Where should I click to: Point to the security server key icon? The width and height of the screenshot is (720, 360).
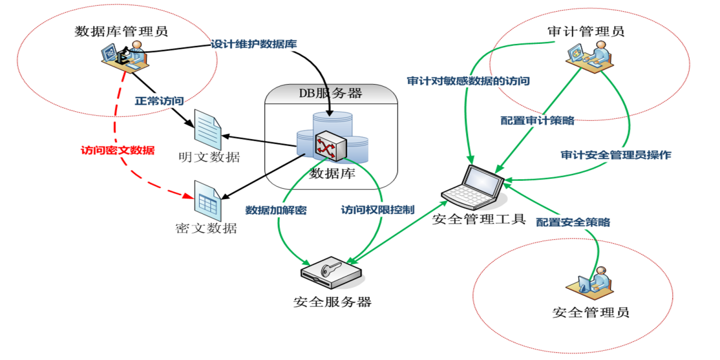coord(331,271)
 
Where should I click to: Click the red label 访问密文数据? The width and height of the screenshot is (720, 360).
coord(117,150)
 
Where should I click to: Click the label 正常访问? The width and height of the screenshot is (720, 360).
coord(159,101)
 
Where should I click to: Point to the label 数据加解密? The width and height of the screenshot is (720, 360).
coord(275,210)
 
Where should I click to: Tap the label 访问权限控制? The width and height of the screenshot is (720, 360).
coord(377,210)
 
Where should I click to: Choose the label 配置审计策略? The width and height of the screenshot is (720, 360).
coord(537,120)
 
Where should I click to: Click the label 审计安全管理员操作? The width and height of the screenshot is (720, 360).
coord(616,155)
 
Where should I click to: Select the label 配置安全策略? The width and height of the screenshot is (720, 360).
coord(573,222)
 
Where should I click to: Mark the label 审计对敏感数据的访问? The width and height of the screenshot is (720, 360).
coord(468,81)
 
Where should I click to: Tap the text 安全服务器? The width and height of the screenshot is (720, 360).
coord(332,302)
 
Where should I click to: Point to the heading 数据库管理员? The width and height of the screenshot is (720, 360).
coord(121,32)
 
